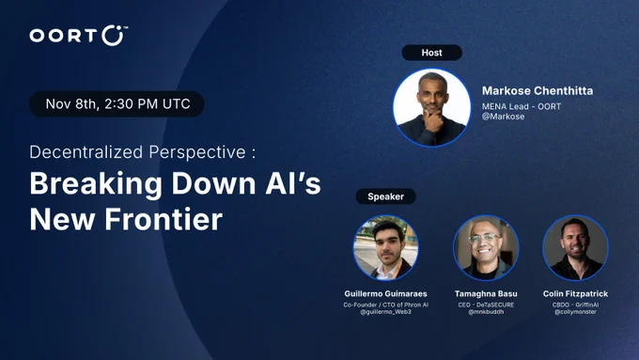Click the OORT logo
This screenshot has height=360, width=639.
pos(79,36)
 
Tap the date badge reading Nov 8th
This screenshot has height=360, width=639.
pos(117,104)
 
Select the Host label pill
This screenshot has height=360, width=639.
pos(431,53)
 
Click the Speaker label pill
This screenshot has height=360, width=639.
pos(385,196)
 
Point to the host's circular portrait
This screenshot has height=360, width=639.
pos(431,108)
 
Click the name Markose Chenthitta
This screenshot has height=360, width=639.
pos(538,90)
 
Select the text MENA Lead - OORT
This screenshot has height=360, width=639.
pos(522,106)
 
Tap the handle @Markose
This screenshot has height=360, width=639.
pos(503,117)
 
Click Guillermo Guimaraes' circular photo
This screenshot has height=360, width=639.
pos(385,248)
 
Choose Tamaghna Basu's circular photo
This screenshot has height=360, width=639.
pos(486,248)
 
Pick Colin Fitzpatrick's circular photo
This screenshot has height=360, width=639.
pos(575,248)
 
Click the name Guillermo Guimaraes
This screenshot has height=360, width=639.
pos(385,293)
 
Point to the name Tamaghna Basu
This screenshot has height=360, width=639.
pos(486,293)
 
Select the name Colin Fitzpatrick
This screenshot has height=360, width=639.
pos(575,293)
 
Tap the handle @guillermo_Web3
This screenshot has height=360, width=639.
pos(385,312)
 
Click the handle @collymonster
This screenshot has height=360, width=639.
pos(575,312)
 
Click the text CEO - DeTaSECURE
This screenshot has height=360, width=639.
pos(486,305)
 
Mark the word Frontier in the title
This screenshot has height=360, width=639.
pos(164,219)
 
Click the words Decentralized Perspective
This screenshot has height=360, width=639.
pos(138,152)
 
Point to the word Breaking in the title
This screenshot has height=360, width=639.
pos(96,184)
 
